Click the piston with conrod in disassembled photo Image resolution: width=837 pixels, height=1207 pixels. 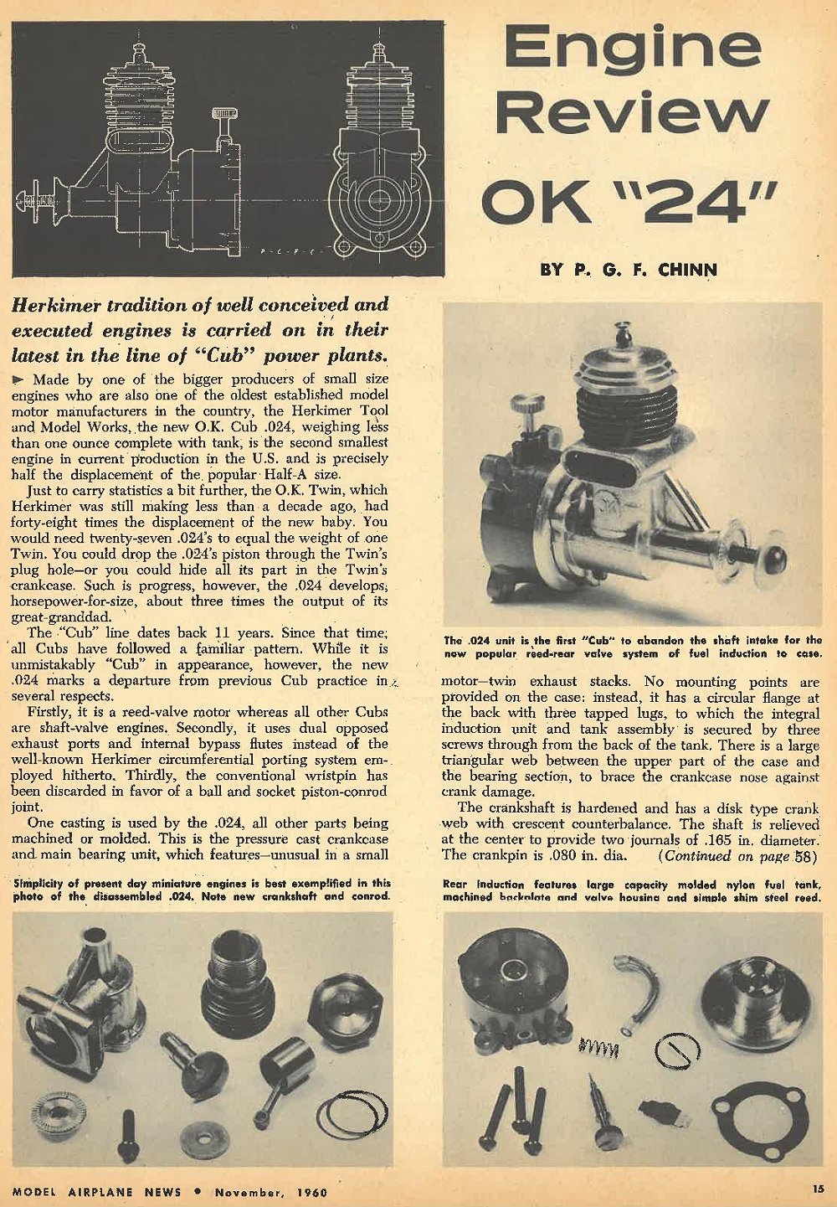[x=280, y=1071]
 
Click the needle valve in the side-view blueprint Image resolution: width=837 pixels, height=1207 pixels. [x=223, y=130]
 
